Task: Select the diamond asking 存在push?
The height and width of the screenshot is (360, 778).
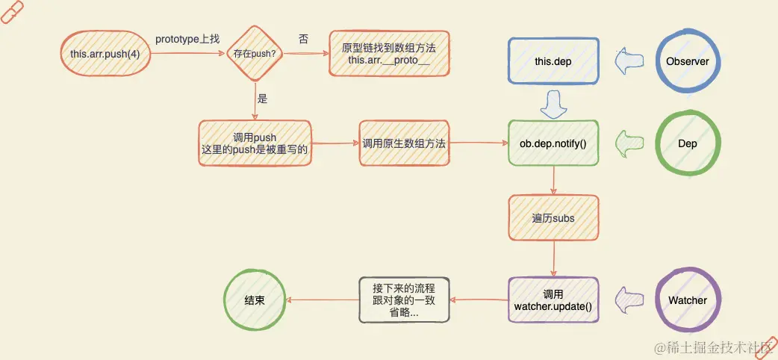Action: [256, 53]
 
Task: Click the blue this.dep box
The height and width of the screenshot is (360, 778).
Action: [553, 61]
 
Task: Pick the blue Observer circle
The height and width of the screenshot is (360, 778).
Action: [687, 61]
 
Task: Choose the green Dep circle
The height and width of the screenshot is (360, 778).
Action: [687, 143]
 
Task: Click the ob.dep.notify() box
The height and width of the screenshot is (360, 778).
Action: [553, 143]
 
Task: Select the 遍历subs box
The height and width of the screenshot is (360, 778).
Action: [553, 218]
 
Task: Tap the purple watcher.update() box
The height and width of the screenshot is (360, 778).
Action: [553, 300]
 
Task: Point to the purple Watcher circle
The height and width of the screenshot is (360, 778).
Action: [687, 300]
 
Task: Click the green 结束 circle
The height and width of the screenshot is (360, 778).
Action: [255, 300]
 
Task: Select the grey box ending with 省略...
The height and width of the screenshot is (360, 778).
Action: [404, 300]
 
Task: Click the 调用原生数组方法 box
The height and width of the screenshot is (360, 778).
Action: [404, 143]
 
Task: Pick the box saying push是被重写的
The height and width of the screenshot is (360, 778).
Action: [255, 143]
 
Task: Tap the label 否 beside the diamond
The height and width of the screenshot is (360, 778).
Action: [304, 39]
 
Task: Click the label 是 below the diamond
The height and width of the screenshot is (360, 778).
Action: [262, 98]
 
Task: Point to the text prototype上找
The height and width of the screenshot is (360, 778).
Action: [187, 39]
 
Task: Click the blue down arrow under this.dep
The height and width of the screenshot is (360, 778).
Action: [553, 104]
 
